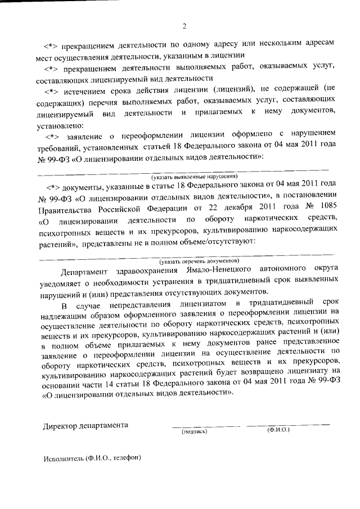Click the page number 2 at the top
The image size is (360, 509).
pyautogui.click(x=184, y=26)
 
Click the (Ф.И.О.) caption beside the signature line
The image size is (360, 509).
pyautogui.click(x=278, y=430)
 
